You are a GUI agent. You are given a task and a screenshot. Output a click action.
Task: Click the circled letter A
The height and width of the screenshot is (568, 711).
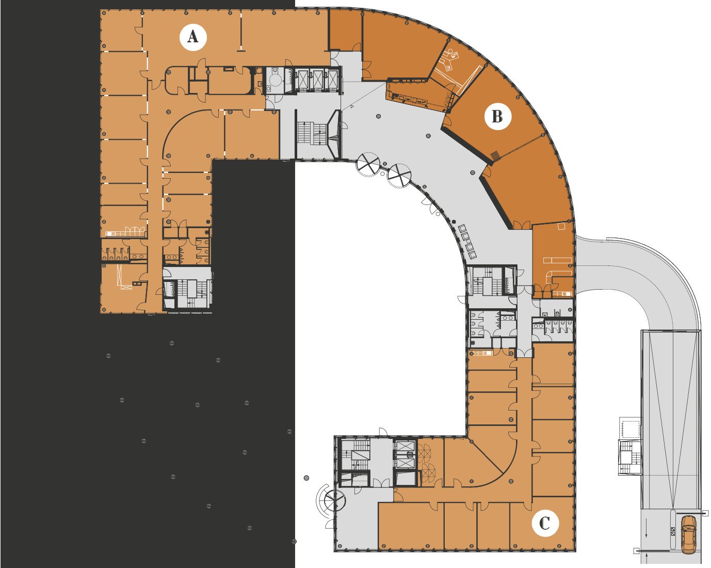(x=193, y=37)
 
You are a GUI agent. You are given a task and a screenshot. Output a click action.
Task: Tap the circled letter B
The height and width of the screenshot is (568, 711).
(x=497, y=116)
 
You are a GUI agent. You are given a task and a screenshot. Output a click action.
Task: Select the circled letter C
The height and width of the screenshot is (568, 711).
(x=545, y=523)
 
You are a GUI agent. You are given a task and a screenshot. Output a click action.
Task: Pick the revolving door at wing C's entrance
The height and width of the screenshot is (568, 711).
(x=334, y=500)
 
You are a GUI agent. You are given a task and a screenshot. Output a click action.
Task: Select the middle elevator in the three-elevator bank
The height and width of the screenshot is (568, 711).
(x=317, y=80)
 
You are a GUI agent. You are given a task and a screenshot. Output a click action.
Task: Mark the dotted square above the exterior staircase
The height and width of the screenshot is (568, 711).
(x=631, y=428)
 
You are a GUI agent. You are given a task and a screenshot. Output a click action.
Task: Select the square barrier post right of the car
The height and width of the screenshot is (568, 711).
(x=706, y=513)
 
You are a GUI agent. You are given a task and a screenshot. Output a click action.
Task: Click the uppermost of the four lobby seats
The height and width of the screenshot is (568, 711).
(x=462, y=228)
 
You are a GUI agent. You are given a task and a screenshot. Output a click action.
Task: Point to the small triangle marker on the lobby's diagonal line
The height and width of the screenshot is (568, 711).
(x=352, y=106)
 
